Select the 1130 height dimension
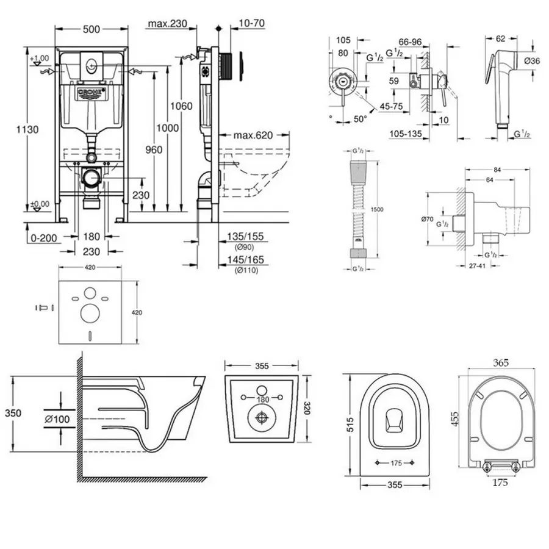pyautogui.click(x=27, y=129)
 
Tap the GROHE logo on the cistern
pyautogui.click(x=91, y=92)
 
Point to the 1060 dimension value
pyautogui.click(x=181, y=106)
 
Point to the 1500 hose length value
pyautogui.click(x=378, y=209)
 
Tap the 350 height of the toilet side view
pyautogui.click(x=13, y=413)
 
